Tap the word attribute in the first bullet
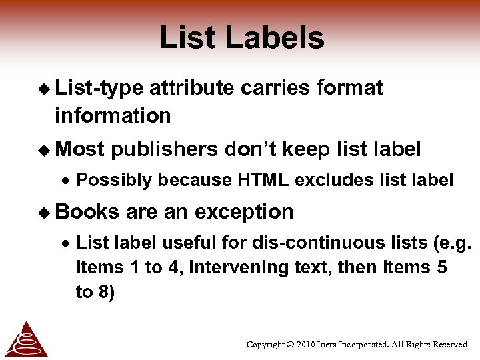(192, 88)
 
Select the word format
(350, 88)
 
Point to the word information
(113, 115)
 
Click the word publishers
(165, 150)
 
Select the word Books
(87, 212)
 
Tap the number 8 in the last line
(107, 292)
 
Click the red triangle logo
(26, 339)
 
